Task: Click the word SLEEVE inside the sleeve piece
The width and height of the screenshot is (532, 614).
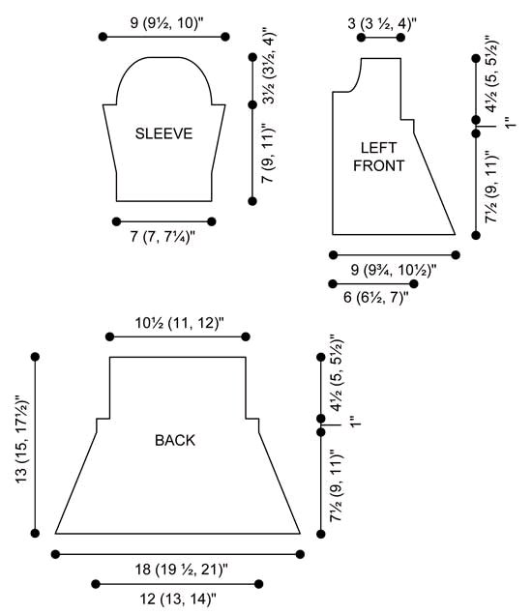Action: (163, 133)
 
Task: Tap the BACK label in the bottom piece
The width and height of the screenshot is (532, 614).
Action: (175, 441)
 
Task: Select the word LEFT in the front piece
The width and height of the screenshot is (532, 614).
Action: (378, 148)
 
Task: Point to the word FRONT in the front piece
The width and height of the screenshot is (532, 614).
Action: (378, 165)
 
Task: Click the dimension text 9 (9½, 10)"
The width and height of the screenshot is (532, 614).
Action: (167, 23)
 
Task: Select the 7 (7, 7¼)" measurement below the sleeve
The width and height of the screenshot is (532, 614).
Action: (163, 237)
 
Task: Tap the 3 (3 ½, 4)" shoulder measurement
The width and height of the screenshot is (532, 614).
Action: (382, 23)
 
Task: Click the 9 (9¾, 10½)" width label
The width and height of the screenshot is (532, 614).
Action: (394, 270)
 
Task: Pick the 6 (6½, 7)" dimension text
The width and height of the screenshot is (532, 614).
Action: (376, 297)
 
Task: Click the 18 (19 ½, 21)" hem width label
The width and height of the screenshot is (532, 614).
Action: (181, 569)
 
